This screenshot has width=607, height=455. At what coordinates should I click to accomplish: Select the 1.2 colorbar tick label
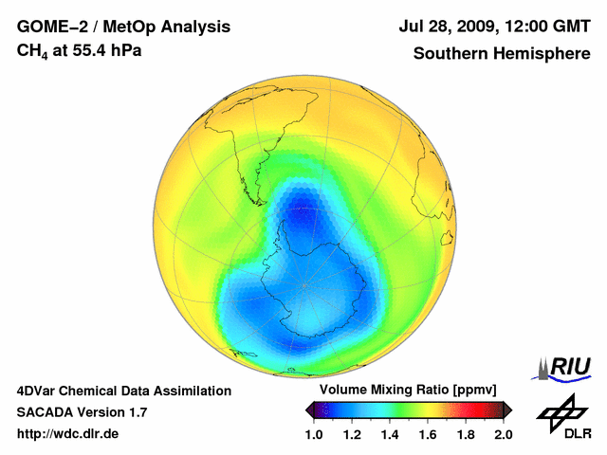(x=352, y=434)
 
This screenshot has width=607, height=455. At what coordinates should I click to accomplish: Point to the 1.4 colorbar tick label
(x=390, y=434)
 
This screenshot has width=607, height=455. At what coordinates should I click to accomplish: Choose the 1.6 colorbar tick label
(x=428, y=434)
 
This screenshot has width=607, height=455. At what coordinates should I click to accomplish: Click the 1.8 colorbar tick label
(x=466, y=434)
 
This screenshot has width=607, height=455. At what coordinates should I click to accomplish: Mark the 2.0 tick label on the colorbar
(x=504, y=434)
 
